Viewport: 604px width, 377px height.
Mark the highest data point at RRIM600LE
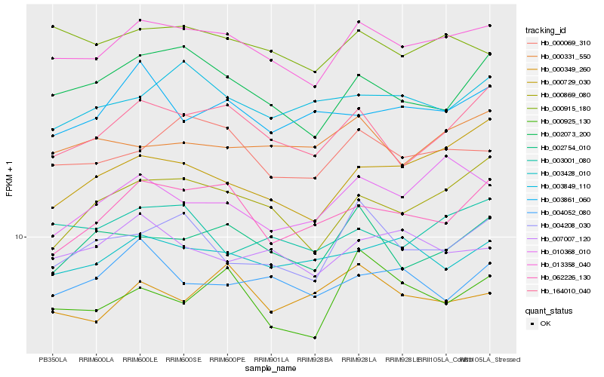[x=140, y=20]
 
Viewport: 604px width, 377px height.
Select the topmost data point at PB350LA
[x=52, y=26]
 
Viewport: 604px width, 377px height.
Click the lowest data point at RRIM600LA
[x=96, y=322]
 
